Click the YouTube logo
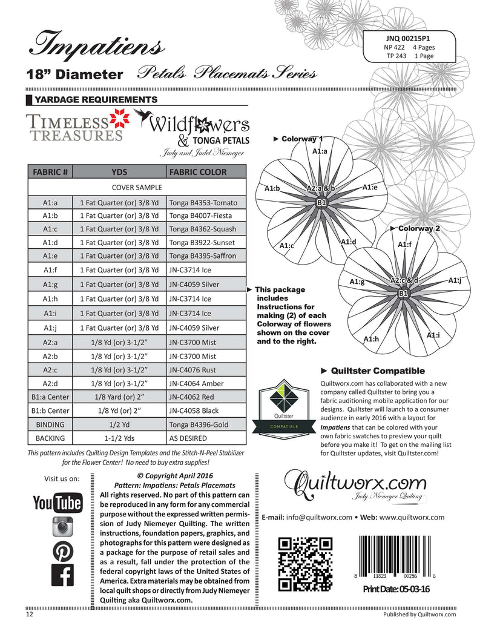[57, 503]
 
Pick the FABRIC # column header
[50, 171]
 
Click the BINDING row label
[50, 424]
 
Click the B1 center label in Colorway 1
[322, 202]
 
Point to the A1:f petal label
[404, 244]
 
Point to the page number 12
[30, 613]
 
